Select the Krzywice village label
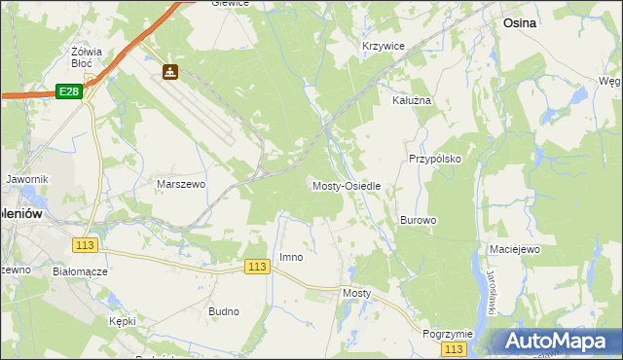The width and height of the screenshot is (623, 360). pyautogui.click(x=383, y=46)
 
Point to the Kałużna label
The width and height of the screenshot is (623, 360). pyautogui.click(x=411, y=100)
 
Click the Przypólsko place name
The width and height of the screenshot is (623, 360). pyautogui.click(x=434, y=158)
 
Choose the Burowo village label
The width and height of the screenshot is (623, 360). pyautogui.click(x=418, y=220)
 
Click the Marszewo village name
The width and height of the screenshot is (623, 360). pyautogui.click(x=180, y=183)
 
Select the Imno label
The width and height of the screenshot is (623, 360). pyautogui.click(x=291, y=257)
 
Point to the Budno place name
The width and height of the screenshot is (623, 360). pyautogui.click(x=224, y=311)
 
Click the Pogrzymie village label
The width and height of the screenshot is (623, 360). pyautogui.click(x=448, y=333)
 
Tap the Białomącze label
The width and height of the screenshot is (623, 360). pyautogui.click(x=79, y=272)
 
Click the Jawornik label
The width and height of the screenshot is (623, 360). pyautogui.click(x=26, y=179)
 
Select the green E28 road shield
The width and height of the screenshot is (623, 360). pyautogui.click(x=67, y=90)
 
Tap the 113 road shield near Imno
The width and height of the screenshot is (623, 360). pyautogui.click(x=257, y=267)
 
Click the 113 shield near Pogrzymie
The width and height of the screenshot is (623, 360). pyautogui.click(x=453, y=348)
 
